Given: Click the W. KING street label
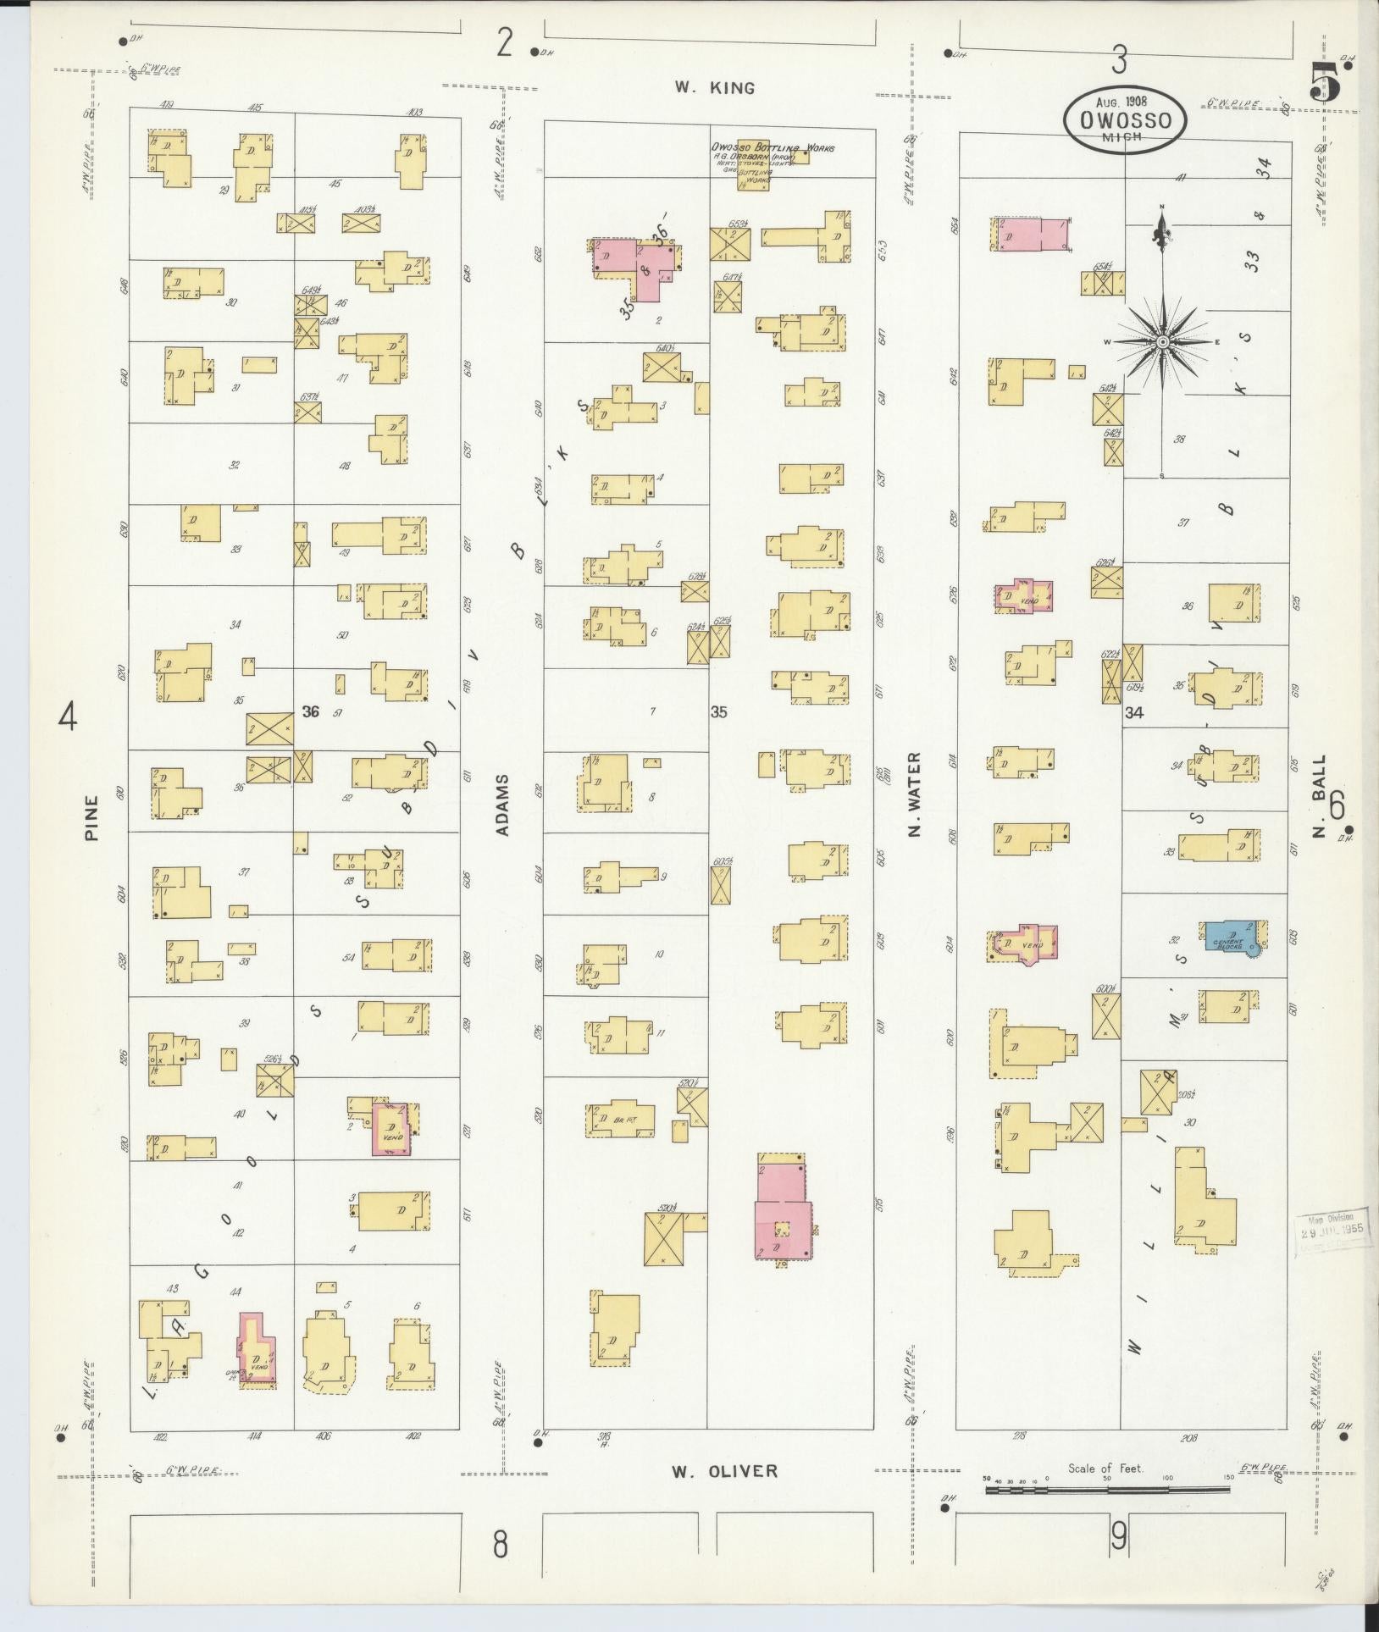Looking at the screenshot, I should point(714,87).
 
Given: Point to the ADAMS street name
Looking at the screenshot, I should point(503,805).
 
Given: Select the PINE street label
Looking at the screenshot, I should point(91,817).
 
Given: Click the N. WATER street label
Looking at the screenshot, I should point(914,794).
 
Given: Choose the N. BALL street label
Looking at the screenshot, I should point(1319,797).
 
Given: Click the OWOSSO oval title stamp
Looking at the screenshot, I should point(1124,121).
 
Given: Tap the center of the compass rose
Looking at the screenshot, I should point(1163,341).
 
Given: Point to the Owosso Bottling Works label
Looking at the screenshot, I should point(772,148).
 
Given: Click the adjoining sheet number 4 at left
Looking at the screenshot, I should point(67,719).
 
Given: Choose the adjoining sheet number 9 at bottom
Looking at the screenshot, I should point(1119,1535).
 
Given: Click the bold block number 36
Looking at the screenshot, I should point(311,711).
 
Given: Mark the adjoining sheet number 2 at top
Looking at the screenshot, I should point(505,42).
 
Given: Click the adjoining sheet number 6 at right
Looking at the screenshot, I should point(1337,805).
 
